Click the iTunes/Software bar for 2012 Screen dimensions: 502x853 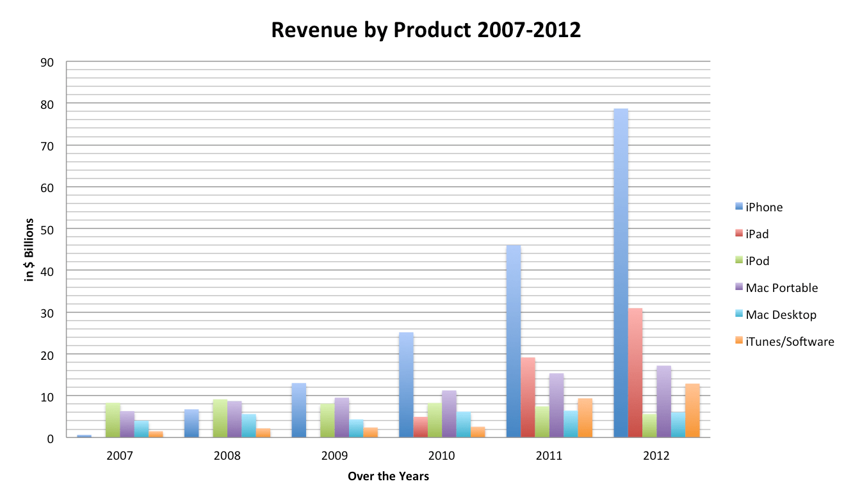692,411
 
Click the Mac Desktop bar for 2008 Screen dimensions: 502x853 249,426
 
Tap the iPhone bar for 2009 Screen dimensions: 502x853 299,410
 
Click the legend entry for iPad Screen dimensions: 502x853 757,234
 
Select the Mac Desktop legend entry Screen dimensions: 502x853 781,315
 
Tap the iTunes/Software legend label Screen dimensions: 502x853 790,342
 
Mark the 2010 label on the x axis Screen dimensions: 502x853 441,457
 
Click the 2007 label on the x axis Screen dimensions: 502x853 120,457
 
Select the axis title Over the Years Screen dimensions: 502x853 388,477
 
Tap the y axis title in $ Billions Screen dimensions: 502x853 29,250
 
